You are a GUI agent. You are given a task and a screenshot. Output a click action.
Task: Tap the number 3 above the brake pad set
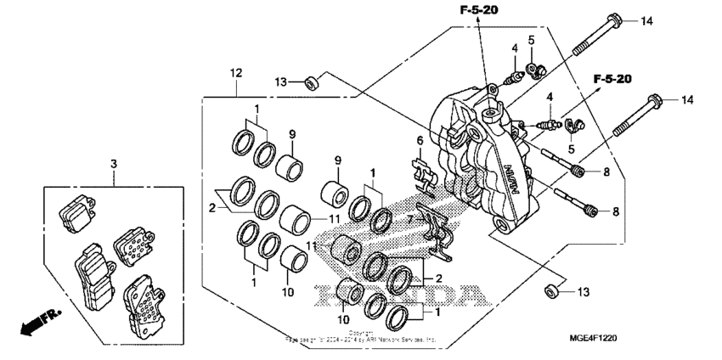pyautogui.click(x=114, y=162)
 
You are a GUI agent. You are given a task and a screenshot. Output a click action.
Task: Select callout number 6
pyautogui.click(x=418, y=141)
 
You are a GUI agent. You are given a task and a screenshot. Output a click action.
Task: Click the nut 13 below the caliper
pyautogui.click(x=550, y=292)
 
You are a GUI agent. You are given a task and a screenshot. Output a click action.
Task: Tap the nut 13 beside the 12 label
pyautogui.click(x=312, y=82)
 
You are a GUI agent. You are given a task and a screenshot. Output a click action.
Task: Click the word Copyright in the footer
pyautogui.click(x=360, y=334)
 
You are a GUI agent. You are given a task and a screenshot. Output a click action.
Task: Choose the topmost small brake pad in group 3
pyautogui.click(x=77, y=208)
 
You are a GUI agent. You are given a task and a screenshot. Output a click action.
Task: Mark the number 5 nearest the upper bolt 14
pyautogui.click(x=531, y=40)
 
